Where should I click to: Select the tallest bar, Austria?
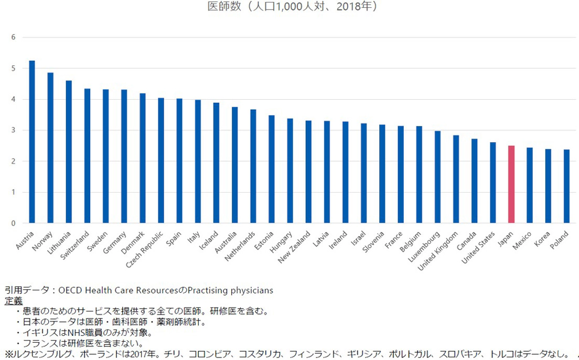(32, 142)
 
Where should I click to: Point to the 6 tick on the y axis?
(14, 37)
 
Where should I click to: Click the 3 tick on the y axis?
(14, 130)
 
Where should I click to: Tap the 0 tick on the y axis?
(14, 223)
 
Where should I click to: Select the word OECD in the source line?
(71, 290)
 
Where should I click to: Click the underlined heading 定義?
(14, 301)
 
